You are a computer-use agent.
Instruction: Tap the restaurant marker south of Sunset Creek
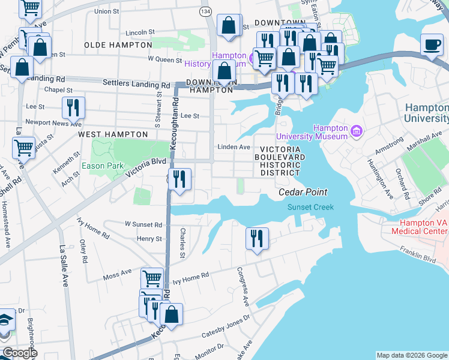[x=257, y=238]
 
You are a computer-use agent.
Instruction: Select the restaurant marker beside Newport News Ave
[x=73, y=109]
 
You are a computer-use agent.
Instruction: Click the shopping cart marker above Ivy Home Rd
[x=152, y=279]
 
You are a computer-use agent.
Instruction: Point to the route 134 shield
[x=206, y=11]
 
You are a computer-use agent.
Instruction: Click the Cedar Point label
[x=303, y=193]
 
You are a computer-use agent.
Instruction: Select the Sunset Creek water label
[x=310, y=207]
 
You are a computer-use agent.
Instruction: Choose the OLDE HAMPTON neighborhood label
[x=118, y=45]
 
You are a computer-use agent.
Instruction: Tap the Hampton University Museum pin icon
[x=357, y=130]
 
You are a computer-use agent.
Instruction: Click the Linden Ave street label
[x=234, y=147]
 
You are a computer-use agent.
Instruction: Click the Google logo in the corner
[x=19, y=353]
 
